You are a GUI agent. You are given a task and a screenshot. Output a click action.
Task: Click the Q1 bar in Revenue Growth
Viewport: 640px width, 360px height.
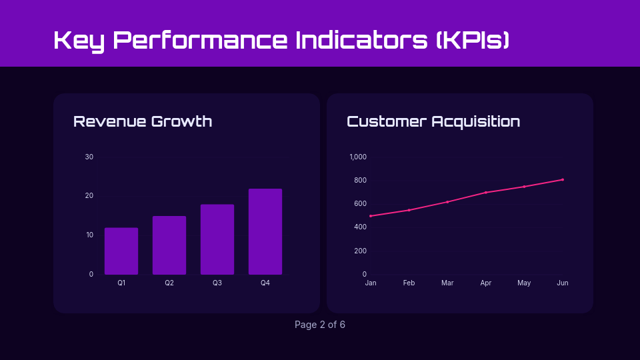pyautogui.click(x=121, y=251)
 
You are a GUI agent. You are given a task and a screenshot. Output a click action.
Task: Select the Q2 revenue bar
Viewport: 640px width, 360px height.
pyautogui.click(x=169, y=245)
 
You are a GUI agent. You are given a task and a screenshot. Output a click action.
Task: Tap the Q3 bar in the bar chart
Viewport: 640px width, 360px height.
pyautogui.click(x=217, y=239)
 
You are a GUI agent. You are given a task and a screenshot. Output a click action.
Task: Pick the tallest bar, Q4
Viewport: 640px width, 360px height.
pyautogui.click(x=265, y=231)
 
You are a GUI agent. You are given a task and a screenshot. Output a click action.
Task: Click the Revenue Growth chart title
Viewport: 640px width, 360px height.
pyautogui.click(x=143, y=121)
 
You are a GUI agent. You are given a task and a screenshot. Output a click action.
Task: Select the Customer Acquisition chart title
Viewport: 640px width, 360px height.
pyautogui.click(x=433, y=121)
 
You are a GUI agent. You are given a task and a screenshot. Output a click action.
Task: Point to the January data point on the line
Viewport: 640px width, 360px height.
pyautogui.click(x=371, y=216)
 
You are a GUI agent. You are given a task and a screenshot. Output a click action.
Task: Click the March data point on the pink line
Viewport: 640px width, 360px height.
pyautogui.click(x=447, y=202)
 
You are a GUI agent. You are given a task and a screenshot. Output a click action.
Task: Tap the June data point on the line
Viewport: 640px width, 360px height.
pyautogui.click(x=563, y=179)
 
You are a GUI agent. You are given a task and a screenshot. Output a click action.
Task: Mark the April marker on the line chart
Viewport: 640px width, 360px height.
pyautogui.click(x=486, y=193)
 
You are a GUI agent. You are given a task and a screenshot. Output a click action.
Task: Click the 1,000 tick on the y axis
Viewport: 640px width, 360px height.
pyautogui.click(x=358, y=157)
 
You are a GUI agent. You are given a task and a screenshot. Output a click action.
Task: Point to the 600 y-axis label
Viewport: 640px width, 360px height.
pyautogui.click(x=359, y=204)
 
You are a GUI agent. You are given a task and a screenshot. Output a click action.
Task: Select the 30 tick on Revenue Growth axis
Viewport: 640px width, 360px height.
pyautogui.click(x=89, y=157)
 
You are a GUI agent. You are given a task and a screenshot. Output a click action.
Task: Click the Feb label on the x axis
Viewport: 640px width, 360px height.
pyautogui.click(x=409, y=283)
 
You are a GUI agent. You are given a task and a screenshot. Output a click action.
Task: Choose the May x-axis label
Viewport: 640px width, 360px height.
pyautogui.click(x=524, y=283)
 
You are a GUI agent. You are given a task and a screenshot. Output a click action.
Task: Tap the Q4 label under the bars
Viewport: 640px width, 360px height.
pyautogui.click(x=265, y=283)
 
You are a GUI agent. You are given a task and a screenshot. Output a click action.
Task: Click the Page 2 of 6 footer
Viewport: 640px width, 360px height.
pyautogui.click(x=320, y=325)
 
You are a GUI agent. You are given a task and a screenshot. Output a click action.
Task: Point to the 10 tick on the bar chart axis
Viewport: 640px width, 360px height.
pyautogui.click(x=89, y=235)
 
